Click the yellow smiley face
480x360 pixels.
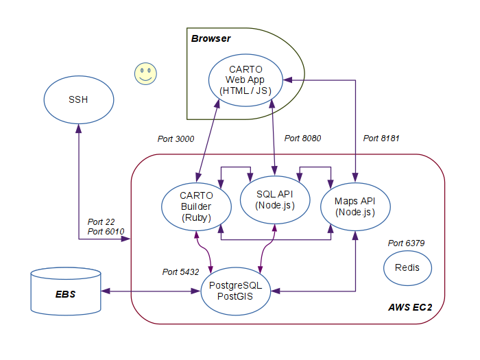pos(145,73)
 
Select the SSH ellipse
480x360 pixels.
pos(78,100)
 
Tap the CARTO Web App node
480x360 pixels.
pos(245,80)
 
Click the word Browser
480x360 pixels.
pos(211,38)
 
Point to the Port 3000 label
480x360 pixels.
pos(176,139)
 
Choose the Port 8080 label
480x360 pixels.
pos(302,139)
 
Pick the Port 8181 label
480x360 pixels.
pos(381,139)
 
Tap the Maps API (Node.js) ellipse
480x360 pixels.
pos(355,206)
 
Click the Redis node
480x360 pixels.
pos(407,267)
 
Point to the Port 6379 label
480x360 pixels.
pos(407,243)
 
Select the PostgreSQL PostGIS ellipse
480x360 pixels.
pos(236,292)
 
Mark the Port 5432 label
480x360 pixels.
pos(180,272)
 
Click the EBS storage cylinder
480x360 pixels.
pos(66,293)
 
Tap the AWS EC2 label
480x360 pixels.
pos(409,307)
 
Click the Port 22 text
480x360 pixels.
pos(101,222)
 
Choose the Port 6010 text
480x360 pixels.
pos(106,232)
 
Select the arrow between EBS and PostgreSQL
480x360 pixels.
pos(150,292)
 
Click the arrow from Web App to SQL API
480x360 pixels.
pos(274,137)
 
